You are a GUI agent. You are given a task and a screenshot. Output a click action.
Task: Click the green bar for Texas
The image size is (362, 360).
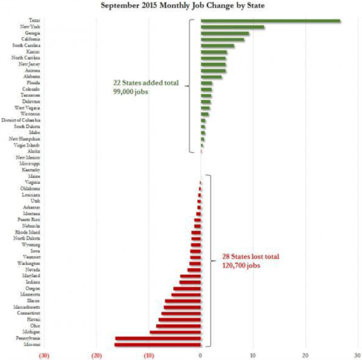point(270,21)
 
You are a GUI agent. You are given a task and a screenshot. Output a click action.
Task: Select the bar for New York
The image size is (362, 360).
point(233,27)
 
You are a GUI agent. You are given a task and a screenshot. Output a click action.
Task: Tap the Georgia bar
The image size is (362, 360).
point(225,33)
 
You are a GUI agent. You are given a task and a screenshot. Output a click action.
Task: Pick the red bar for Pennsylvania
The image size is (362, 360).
point(158,338)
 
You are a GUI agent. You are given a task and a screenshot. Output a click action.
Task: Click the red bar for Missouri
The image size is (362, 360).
point(158,345)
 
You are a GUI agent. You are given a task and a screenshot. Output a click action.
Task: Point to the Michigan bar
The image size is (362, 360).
point(175,332)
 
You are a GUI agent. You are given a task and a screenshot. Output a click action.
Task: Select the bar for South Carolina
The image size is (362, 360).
point(218,45)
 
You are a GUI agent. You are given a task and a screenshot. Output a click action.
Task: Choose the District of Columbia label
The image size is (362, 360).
point(22,121)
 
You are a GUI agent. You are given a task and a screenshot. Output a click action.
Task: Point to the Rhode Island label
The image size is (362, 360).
point(27,232)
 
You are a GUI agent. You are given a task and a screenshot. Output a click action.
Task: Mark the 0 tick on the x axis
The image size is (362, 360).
point(200,354)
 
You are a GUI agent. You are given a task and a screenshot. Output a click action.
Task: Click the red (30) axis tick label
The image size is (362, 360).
point(44,354)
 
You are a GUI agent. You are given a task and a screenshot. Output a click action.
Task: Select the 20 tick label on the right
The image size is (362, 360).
point(305,354)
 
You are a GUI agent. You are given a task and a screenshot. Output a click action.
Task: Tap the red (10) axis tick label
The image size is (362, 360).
point(148,354)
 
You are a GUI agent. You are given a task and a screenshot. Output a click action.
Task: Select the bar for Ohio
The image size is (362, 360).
point(178,326)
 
